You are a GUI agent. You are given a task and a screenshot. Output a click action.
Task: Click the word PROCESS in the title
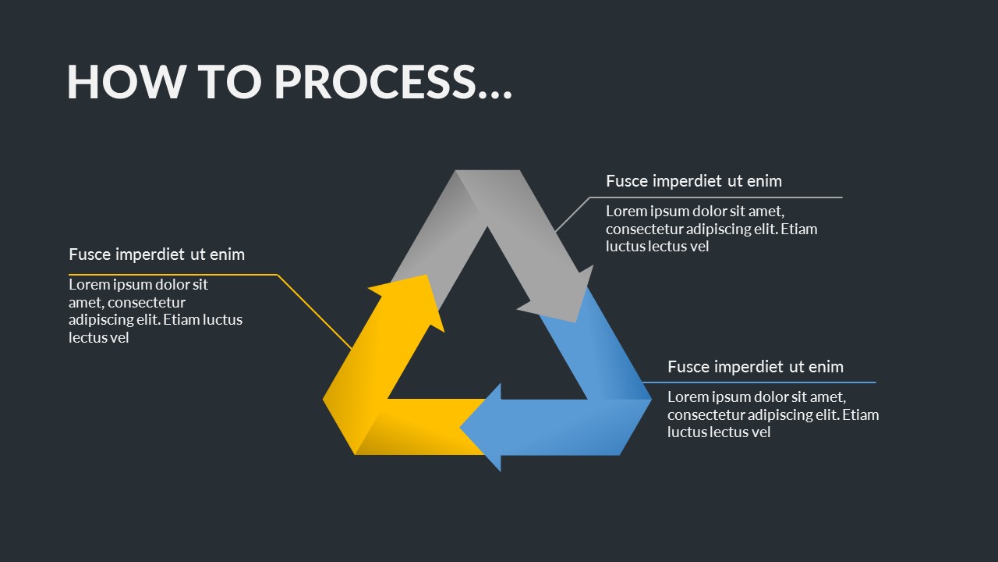375,81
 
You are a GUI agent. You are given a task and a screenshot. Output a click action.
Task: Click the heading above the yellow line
157,254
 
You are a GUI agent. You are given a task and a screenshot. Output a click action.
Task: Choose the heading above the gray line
694,181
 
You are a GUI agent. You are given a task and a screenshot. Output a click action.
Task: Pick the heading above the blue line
756,367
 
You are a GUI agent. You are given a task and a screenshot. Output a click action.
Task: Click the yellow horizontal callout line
172,275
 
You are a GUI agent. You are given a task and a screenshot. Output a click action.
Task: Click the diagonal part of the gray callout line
572,215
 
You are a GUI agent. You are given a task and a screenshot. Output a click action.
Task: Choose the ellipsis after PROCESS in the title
494,86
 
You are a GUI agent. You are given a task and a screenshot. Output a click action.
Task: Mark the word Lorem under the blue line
688,397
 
